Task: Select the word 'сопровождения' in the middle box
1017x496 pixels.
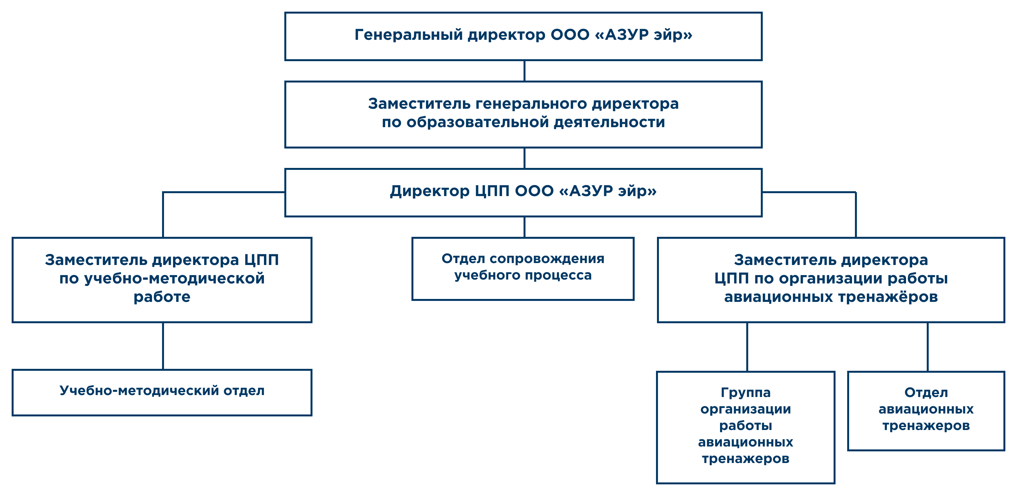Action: click(x=547, y=259)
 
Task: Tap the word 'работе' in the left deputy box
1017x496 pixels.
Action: click(x=162, y=297)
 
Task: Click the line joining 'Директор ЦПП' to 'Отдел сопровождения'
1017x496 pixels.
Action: click(x=524, y=227)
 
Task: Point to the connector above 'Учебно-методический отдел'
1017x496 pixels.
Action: click(x=163, y=346)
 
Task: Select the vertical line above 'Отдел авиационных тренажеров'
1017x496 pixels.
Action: click(x=927, y=347)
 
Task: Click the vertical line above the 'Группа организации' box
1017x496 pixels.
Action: click(x=747, y=347)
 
